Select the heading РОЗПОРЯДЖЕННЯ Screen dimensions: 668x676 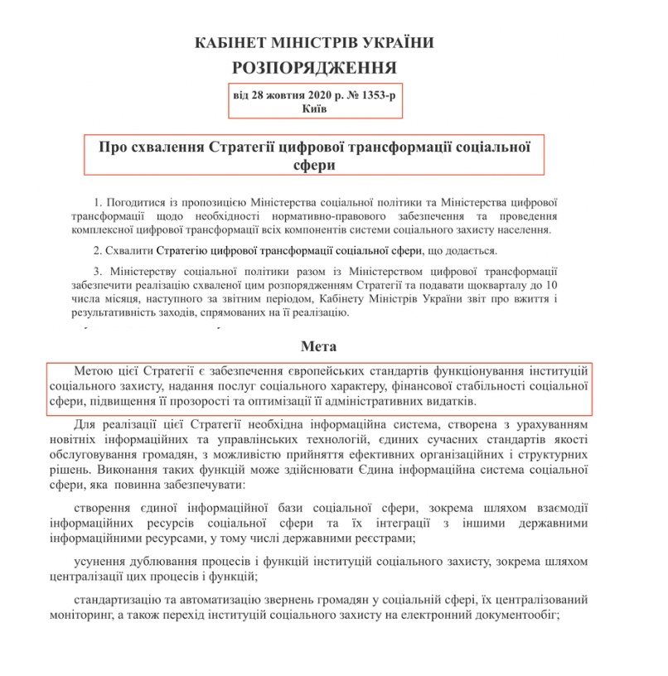click(314, 68)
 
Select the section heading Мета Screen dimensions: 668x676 click(318, 346)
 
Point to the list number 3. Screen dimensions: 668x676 click(97, 271)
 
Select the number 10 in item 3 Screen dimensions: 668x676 click(550, 285)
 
